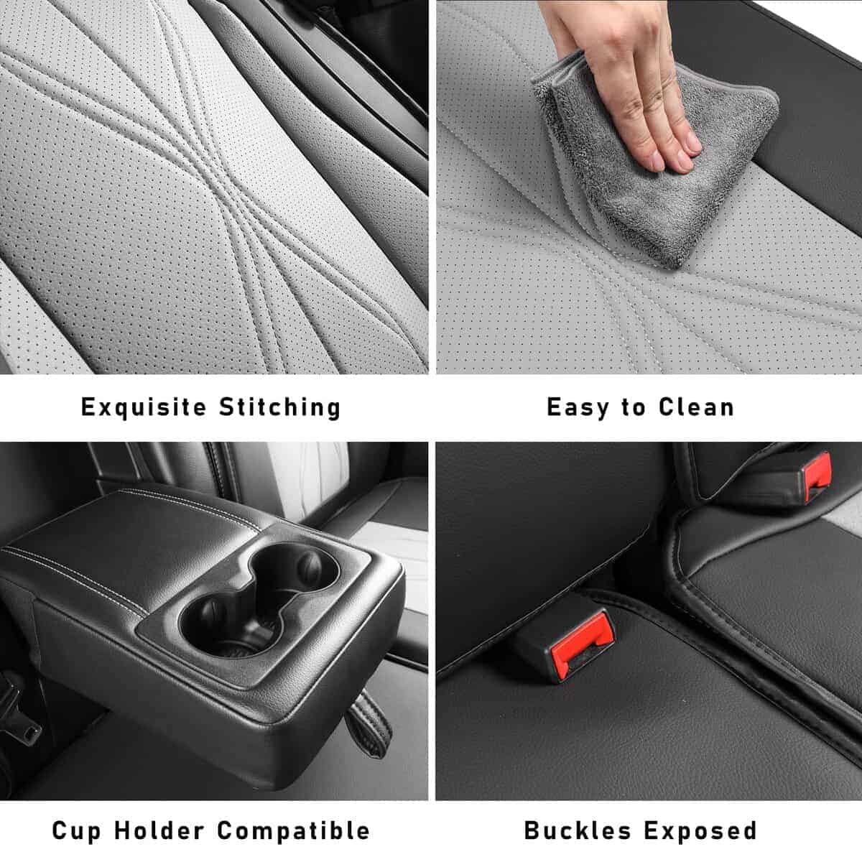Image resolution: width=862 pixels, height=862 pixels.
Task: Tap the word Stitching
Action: [279, 407]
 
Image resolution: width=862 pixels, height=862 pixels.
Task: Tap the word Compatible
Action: [294, 831]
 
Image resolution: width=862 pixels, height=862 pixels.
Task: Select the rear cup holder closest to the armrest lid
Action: [295, 567]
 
